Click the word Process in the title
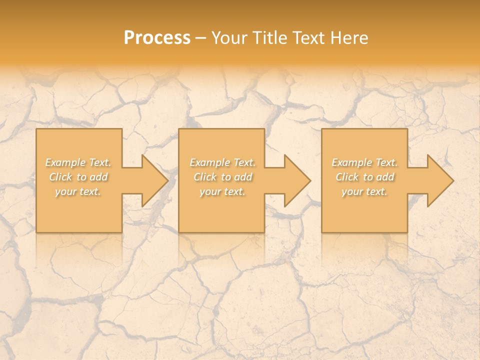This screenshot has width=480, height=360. [x=157, y=38]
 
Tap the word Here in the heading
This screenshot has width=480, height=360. [x=349, y=38]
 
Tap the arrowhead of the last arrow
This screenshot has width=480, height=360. [x=442, y=180]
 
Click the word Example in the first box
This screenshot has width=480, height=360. [x=65, y=162]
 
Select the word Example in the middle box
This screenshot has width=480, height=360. [x=209, y=162]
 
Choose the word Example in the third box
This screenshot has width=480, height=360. [x=351, y=162]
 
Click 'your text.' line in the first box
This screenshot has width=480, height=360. [x=78, y=191]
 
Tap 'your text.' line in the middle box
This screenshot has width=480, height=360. [x=222, y=191]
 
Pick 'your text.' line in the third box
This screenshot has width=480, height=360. [x=364, y=191]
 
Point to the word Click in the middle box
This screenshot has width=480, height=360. [x=205, y=177]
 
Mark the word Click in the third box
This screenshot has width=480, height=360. [x=347, y=177]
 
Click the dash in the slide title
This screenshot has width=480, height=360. [x=201, y=38]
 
